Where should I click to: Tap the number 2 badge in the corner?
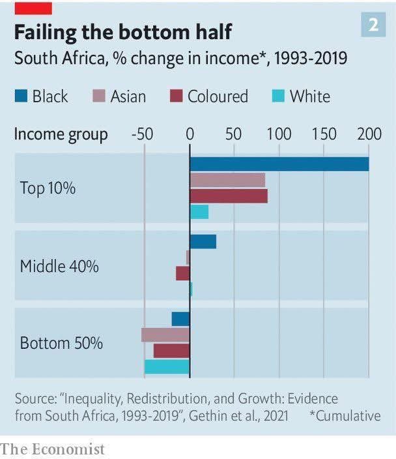373,25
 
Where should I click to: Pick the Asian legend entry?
120,97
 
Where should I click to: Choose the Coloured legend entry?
209,97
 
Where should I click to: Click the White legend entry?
301,97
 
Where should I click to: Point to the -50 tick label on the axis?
142,135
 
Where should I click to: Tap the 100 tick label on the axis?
279,135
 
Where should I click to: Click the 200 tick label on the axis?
369,135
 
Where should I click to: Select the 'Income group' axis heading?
61,135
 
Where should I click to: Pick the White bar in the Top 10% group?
199,212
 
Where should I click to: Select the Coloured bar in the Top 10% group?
229,196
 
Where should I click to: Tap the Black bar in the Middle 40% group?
203,241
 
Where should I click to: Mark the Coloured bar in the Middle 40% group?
183,273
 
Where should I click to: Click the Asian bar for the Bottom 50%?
165,334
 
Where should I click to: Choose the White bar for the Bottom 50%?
167,366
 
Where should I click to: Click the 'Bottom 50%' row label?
61,343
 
